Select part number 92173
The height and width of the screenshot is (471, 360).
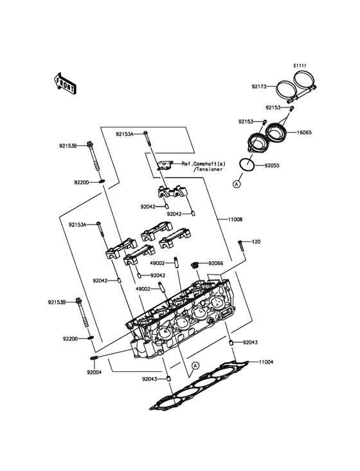pos(259,86)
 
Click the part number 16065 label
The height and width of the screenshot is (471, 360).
pos(304,132)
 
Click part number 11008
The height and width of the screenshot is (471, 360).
pos(235,219)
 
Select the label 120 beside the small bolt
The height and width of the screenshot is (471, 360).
pos(256,241)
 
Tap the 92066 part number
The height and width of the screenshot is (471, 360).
pos(216,263)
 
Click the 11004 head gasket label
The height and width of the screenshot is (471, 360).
pos(266,362)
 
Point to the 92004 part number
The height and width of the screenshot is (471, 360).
pos(94,372)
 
